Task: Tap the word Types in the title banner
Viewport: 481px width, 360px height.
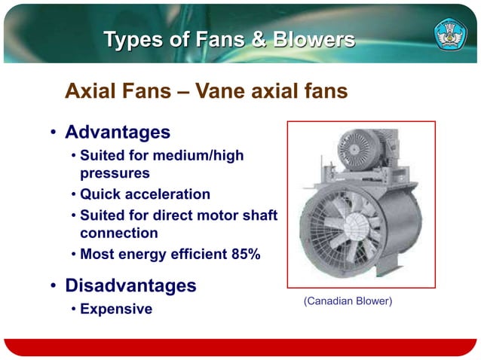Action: pyautogui.click(x=133, y=39)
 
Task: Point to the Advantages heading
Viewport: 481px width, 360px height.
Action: pyautogui.click(x=118, y=133)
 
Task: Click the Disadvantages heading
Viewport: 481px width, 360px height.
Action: pyautogui.click(x=130, y=286)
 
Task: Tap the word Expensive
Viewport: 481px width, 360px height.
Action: pyautogui.click(x=116, y=309)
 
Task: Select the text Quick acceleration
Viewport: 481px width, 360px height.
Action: pyautogui.click(x=145, y=194)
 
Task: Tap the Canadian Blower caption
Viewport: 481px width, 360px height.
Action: pyautogui.click(x=347, y=301)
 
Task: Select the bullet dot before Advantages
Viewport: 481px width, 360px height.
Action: pyautogui.click(x=54, y=134)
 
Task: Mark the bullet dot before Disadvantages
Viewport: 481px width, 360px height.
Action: pyautogui.click(x=54, y=288)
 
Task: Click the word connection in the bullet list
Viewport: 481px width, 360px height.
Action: pyautogui.click(x=119, y=233)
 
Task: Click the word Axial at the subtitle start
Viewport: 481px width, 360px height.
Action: pyautogui.click(x=90, y=92)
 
